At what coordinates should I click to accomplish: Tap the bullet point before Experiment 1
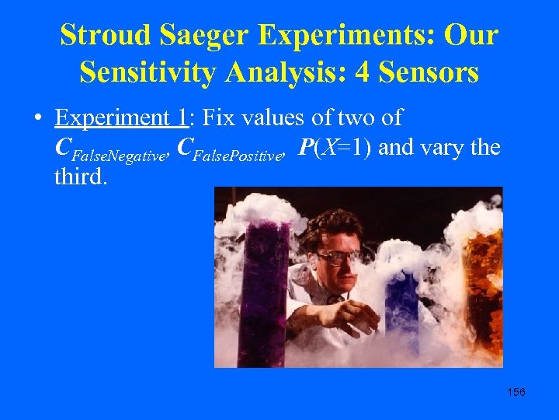point(38,120)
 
